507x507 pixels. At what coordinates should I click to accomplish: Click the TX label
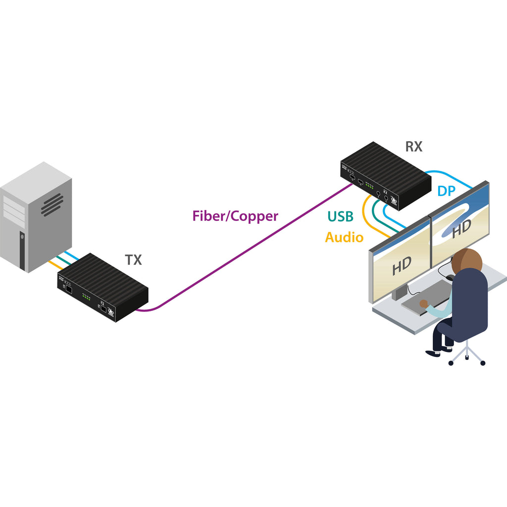133,260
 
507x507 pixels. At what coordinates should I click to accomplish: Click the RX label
414,147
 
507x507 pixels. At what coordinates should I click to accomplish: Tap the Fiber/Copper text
235,216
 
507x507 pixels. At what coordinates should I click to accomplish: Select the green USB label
340,216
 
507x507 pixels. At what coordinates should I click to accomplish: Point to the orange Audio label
344,238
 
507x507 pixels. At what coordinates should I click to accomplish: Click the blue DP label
447,191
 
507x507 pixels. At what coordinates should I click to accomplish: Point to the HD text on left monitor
402,266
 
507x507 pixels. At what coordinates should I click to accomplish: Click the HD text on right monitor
461,228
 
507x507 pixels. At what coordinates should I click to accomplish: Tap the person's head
467,260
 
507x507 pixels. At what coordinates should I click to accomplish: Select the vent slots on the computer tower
52,204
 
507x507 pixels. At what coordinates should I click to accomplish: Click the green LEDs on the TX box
86,297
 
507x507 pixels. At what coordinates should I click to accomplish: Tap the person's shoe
433,353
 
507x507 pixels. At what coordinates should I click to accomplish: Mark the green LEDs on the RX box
369,187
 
